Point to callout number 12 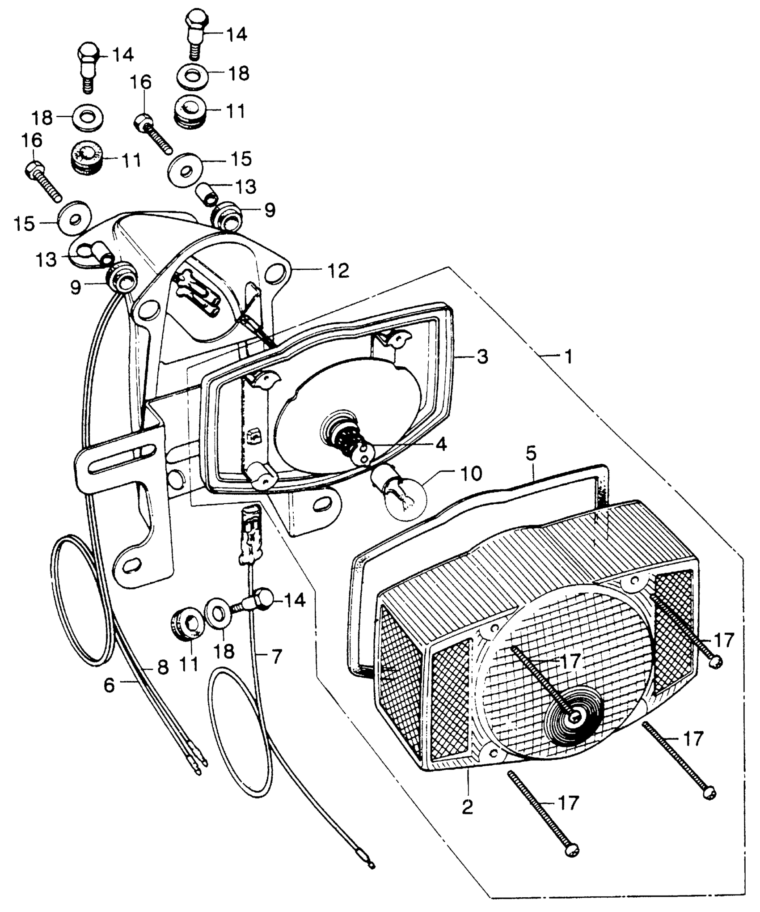pyautogui.click(x=338, y=271)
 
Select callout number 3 pyautogui.click(x=482, y=356)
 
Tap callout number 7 pyautogui.click(x=277, y=657)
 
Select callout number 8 pyautogui.click(x=163, y=667)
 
